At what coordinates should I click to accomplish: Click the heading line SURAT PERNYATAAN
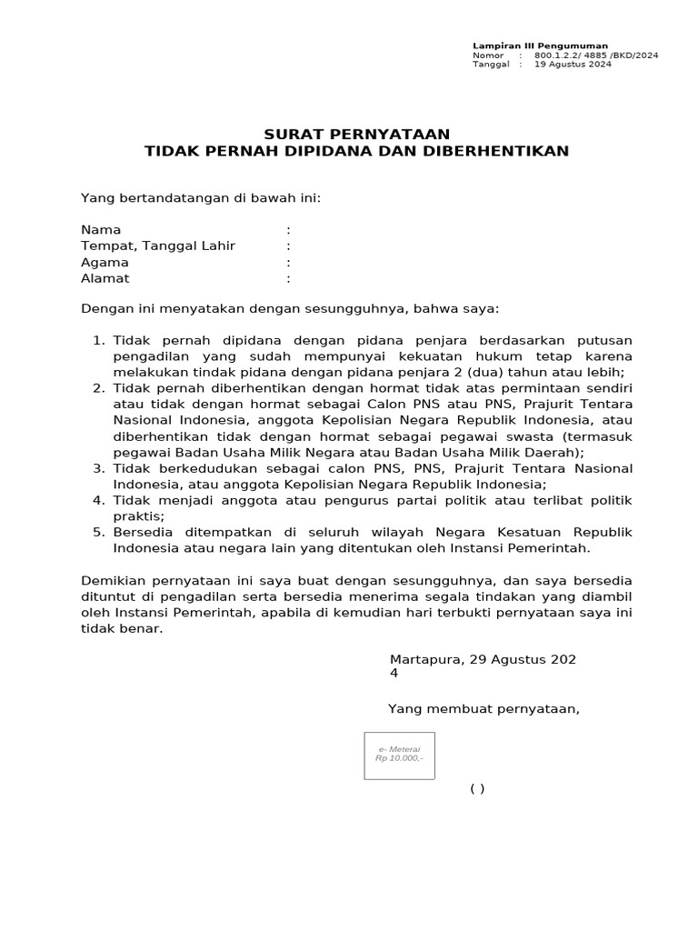pos(356,134)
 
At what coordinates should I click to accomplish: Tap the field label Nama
pos(101,230)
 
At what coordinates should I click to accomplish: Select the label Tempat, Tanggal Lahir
pos(158,245)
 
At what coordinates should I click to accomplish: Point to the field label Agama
pos(105,262)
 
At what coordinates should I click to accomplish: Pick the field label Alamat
pos(105,278)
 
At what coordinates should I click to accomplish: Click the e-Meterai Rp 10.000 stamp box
pos(399,755)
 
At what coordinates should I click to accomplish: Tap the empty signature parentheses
pos(477,788)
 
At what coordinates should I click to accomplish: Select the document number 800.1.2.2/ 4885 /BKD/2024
pos(596,55)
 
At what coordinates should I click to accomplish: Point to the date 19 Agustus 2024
pos(573,65)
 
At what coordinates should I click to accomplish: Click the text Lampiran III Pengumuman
pos(540,45)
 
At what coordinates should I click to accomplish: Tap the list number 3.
pos(98,468)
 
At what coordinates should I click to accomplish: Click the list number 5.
pos(98,532)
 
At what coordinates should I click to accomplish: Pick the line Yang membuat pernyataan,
pos(484,708)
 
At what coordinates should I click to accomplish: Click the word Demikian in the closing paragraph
pos(112,580)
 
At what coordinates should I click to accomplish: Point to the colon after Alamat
pos(288,278)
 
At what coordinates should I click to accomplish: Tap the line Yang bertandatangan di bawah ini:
pos(201,197)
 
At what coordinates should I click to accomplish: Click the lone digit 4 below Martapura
pos(394,674)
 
